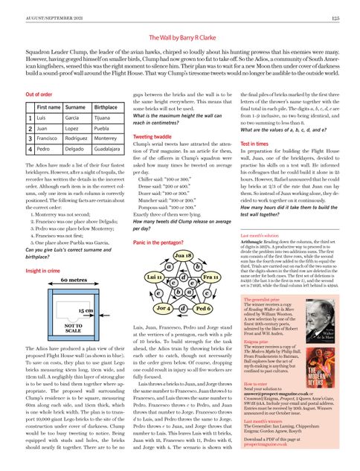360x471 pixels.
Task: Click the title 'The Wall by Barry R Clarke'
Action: (x=180, y=37)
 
